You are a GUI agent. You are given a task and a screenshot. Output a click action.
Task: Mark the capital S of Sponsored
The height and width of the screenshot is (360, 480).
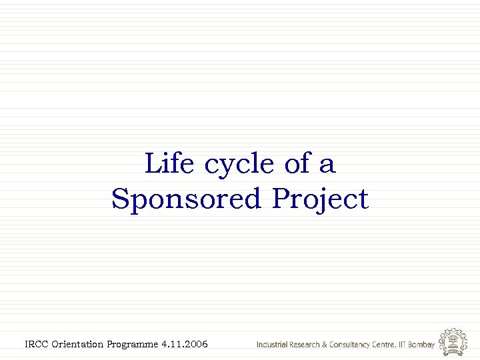click(121, 199)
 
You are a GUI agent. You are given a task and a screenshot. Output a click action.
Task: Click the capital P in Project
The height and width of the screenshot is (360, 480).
click(281, 199)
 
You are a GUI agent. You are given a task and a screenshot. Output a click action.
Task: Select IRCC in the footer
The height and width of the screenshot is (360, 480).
click(36, 344)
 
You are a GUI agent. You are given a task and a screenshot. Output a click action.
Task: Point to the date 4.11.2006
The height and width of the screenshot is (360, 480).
click(185, 344)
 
